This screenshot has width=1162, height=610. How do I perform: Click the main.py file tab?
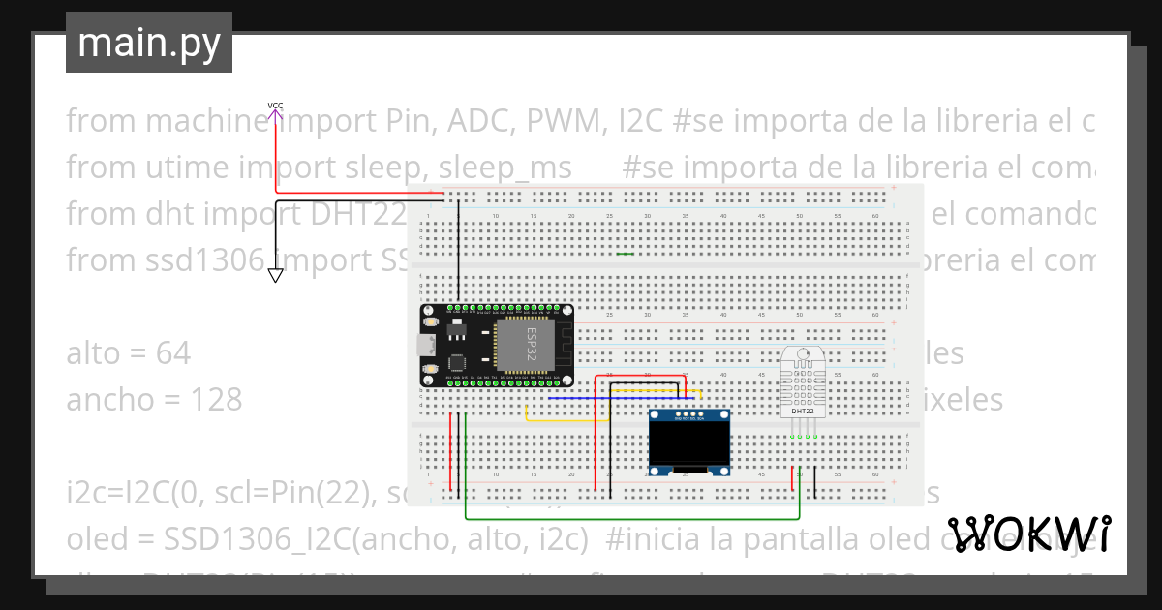click(148, 43)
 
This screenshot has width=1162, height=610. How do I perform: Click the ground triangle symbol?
click(276, 276)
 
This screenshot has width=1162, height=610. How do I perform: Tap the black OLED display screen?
click(688, 442)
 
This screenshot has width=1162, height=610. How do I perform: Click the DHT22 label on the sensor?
click(803, 411)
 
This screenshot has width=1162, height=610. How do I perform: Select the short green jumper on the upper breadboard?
click(626, 255)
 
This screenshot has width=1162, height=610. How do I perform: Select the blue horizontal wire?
click(620, 397)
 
